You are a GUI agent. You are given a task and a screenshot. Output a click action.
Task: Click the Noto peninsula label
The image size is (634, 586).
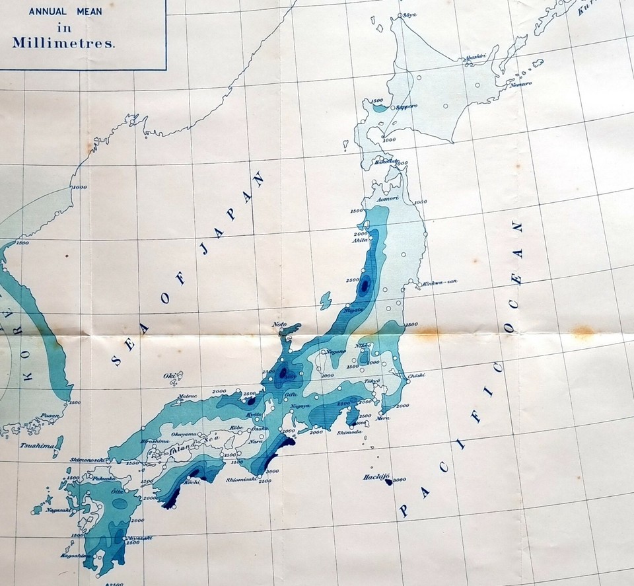[281, 324]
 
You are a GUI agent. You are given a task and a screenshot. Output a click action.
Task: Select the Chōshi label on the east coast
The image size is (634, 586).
[417, 376]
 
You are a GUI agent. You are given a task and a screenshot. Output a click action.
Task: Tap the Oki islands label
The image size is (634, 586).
[168, 376]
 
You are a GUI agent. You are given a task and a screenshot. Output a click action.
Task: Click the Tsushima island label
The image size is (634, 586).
[35, 446]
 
